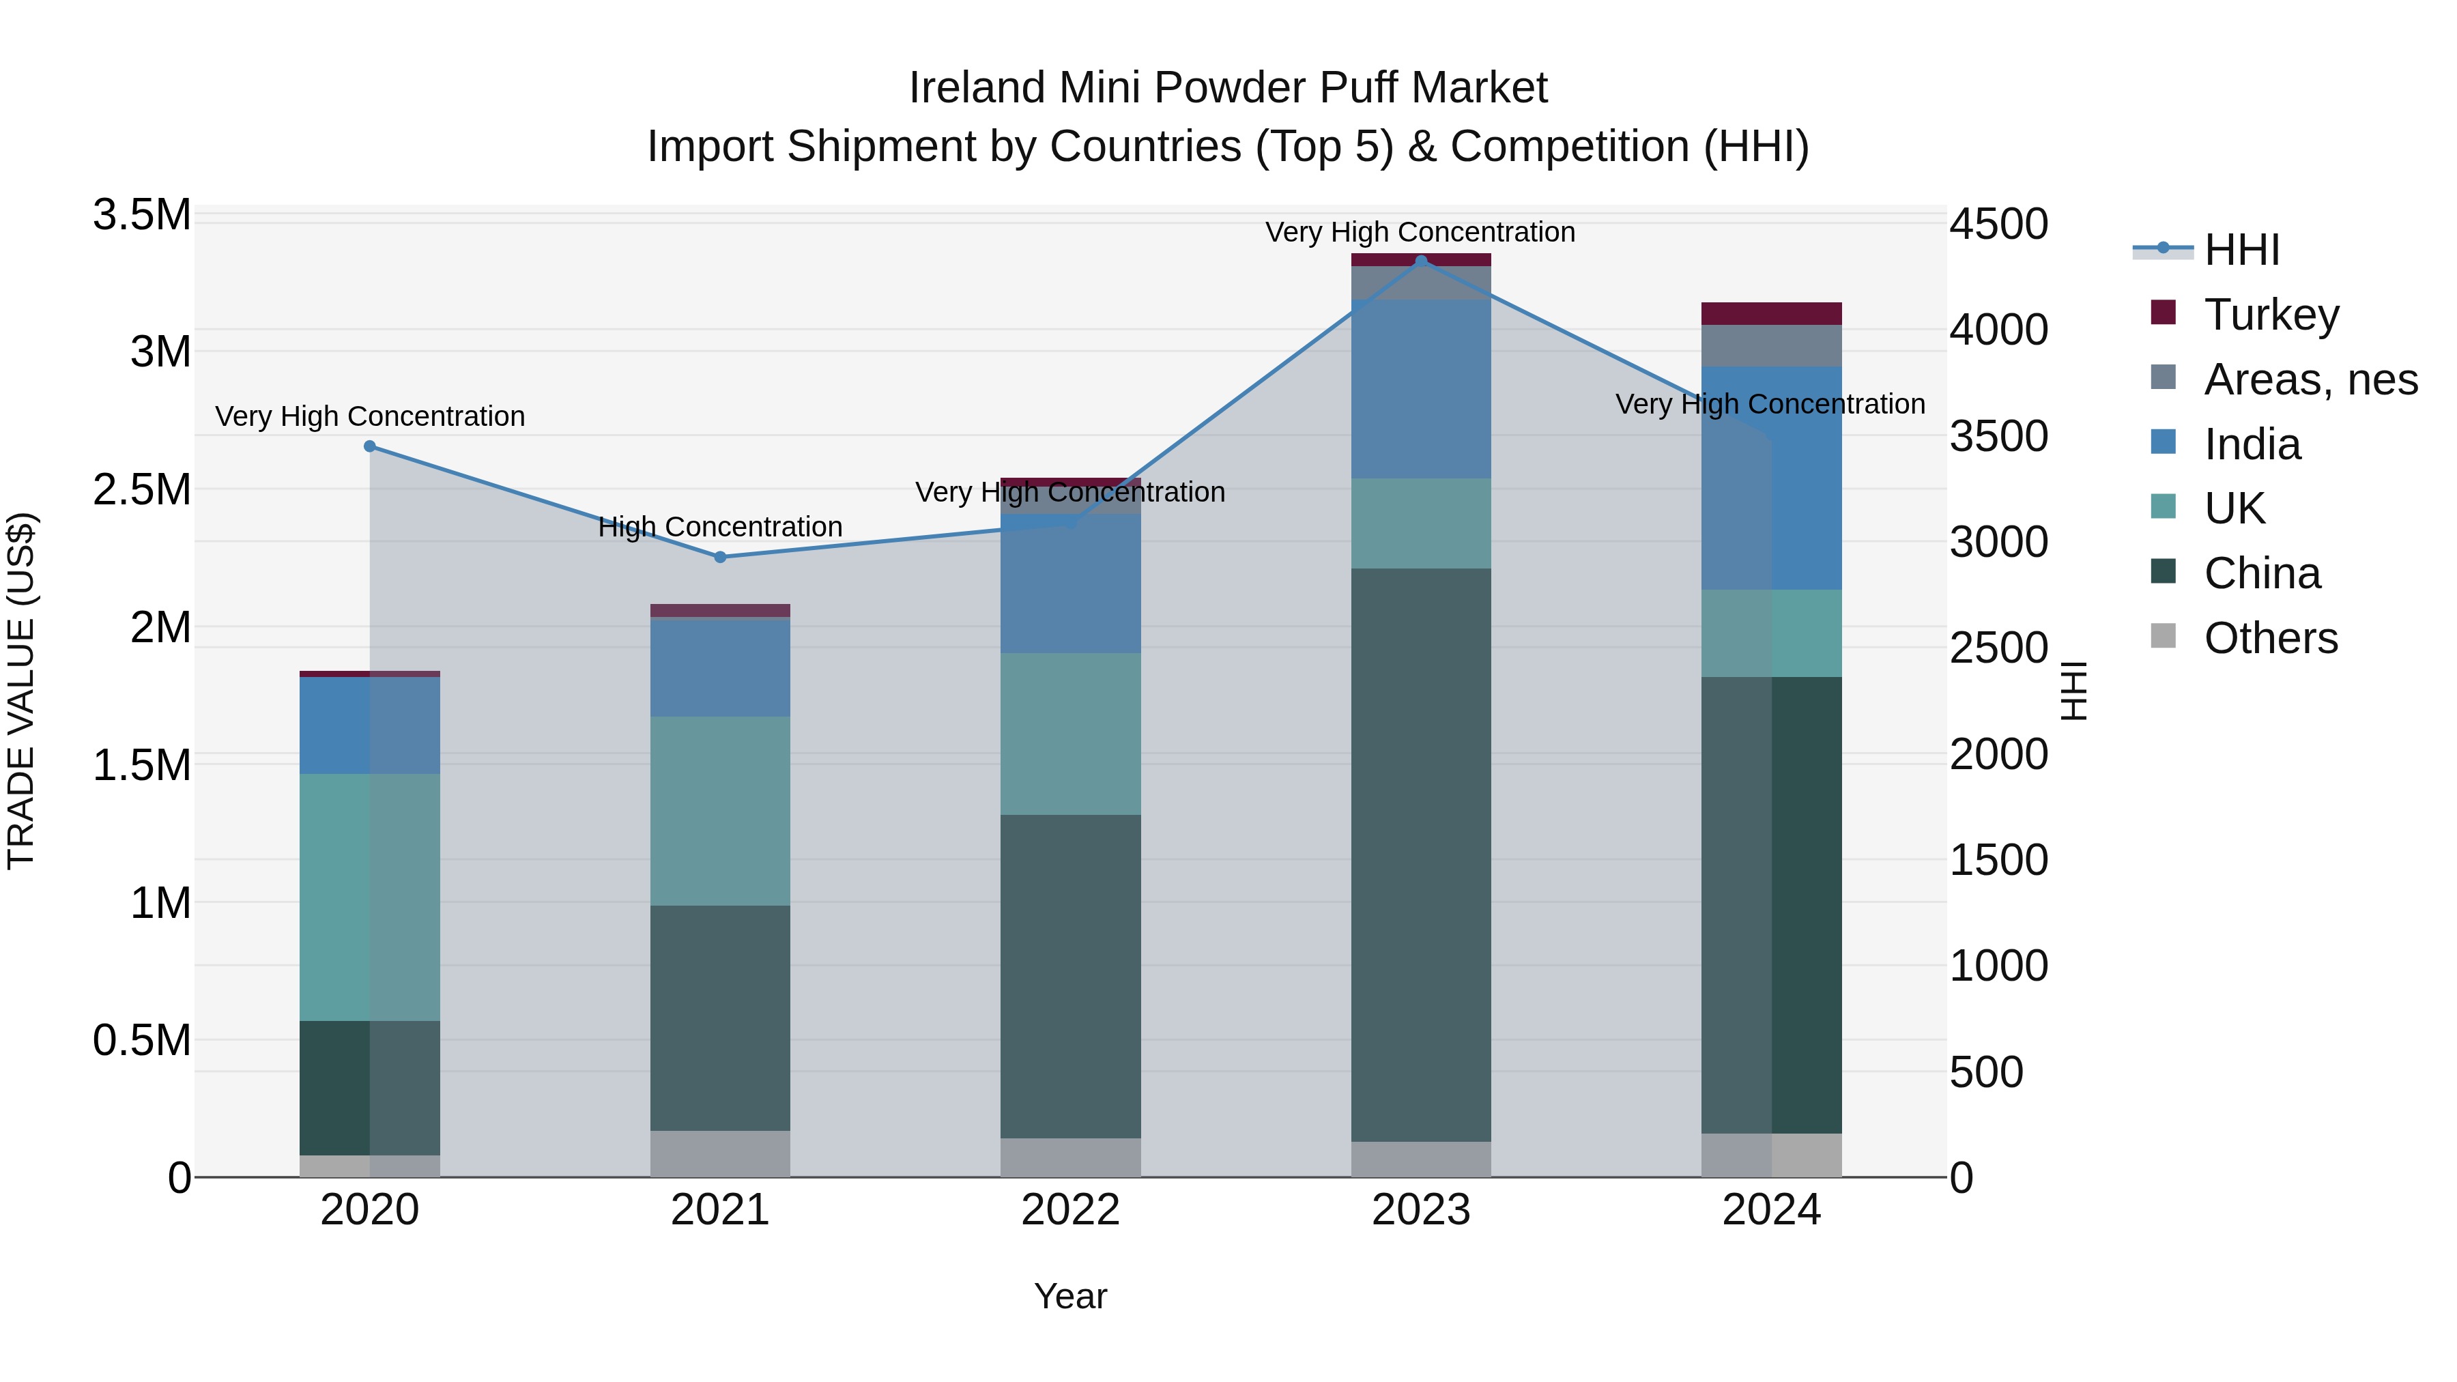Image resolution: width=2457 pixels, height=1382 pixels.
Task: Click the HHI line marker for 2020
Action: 370,446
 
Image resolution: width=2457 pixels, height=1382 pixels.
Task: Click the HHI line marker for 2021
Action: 720,557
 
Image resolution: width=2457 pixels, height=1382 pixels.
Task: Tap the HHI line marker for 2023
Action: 1421,261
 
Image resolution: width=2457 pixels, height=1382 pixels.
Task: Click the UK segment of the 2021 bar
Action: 720,811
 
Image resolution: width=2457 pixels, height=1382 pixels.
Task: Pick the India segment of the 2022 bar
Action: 1070,584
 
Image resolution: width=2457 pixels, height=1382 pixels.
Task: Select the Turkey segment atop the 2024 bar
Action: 1771,314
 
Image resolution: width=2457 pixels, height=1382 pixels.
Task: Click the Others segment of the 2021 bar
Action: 720,1153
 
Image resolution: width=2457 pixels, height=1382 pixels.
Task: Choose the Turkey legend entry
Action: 2271,315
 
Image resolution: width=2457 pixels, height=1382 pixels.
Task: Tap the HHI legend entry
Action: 2241,250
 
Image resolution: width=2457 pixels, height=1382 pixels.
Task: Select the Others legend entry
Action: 2270,638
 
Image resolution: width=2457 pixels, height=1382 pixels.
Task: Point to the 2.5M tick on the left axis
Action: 141,489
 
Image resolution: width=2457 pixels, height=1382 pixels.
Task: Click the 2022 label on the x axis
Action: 1070,1210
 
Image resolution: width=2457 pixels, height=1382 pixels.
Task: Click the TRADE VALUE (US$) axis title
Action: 21,691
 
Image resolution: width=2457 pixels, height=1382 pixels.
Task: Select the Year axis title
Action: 1070,1296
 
